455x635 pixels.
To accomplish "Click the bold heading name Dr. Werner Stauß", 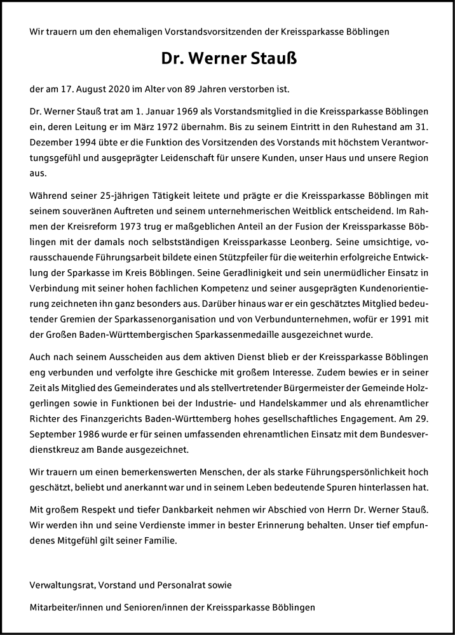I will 227,59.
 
